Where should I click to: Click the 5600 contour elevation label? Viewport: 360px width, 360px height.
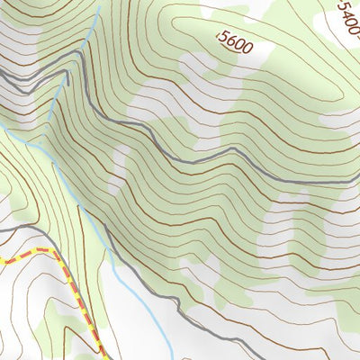[x=235, y=41]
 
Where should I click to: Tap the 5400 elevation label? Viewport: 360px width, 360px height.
[x=348, y=15]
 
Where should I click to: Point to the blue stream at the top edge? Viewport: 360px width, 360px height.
[x=97, y=2]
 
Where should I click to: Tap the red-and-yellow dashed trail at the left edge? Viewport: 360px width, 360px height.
[x=3, y=260]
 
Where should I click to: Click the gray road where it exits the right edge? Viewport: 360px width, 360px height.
[x=357, y=183]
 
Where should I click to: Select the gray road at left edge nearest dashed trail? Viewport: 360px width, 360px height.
[x=2, y=231]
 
